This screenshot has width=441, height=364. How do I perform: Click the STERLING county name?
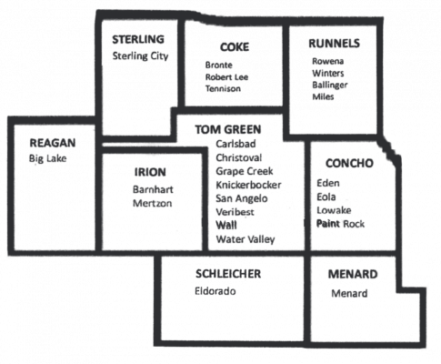click(138, 39)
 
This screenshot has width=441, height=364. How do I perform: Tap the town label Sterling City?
click(140, 56)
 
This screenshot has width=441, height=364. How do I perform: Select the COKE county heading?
click(235, 47)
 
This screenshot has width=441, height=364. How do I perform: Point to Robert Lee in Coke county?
click(226, 77)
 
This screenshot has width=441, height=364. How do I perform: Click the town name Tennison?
click(223, 88)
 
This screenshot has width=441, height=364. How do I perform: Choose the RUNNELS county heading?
click(334, 44)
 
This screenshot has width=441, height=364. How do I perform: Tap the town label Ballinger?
click(330, 85)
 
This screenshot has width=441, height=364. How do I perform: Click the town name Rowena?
click(328, 61)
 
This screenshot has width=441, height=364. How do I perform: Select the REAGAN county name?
click(53, 143)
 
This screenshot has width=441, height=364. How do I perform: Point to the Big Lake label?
click(47, 158)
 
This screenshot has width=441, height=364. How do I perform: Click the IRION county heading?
click(150, 172)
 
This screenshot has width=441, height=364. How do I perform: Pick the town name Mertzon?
click(153, 203)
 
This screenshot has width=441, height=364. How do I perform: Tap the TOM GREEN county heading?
click(228, 129)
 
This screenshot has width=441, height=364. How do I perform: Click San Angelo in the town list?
click(242, 198)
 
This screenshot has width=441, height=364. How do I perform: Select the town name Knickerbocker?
click(248, 185)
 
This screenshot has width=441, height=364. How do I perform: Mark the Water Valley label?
click(246, 239)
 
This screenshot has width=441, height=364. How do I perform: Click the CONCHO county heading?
click(349, 163)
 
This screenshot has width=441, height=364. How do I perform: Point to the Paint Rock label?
click(340, 224)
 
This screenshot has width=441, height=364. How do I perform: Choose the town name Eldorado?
click(215, 291)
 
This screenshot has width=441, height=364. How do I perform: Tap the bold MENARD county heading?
click(353, 275)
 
